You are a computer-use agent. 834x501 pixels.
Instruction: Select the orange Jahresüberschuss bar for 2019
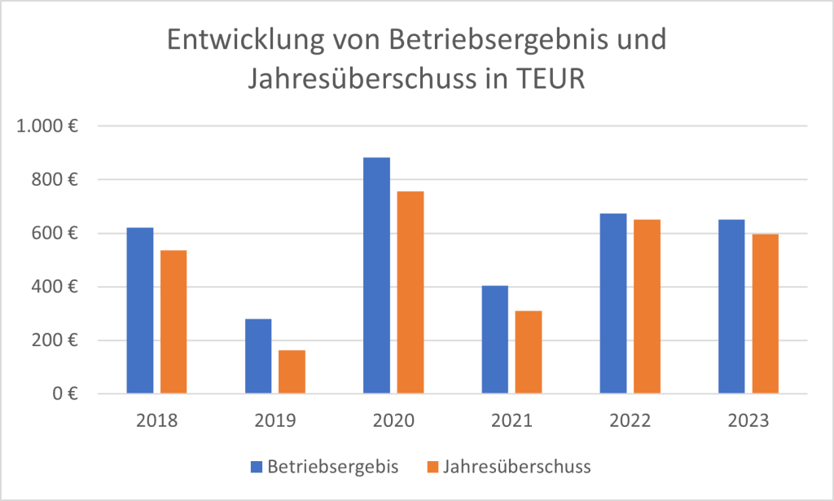pos(292,372)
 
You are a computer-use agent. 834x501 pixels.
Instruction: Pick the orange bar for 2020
pos(410,292)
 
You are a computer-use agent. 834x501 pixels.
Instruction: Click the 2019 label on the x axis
pos(274,421)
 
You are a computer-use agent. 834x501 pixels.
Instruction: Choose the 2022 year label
pos(630,421)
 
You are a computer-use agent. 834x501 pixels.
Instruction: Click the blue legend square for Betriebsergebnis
pos(257,468)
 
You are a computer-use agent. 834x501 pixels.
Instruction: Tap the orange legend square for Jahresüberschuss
pos(432,468)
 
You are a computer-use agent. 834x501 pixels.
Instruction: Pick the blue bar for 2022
pos(613,304)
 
